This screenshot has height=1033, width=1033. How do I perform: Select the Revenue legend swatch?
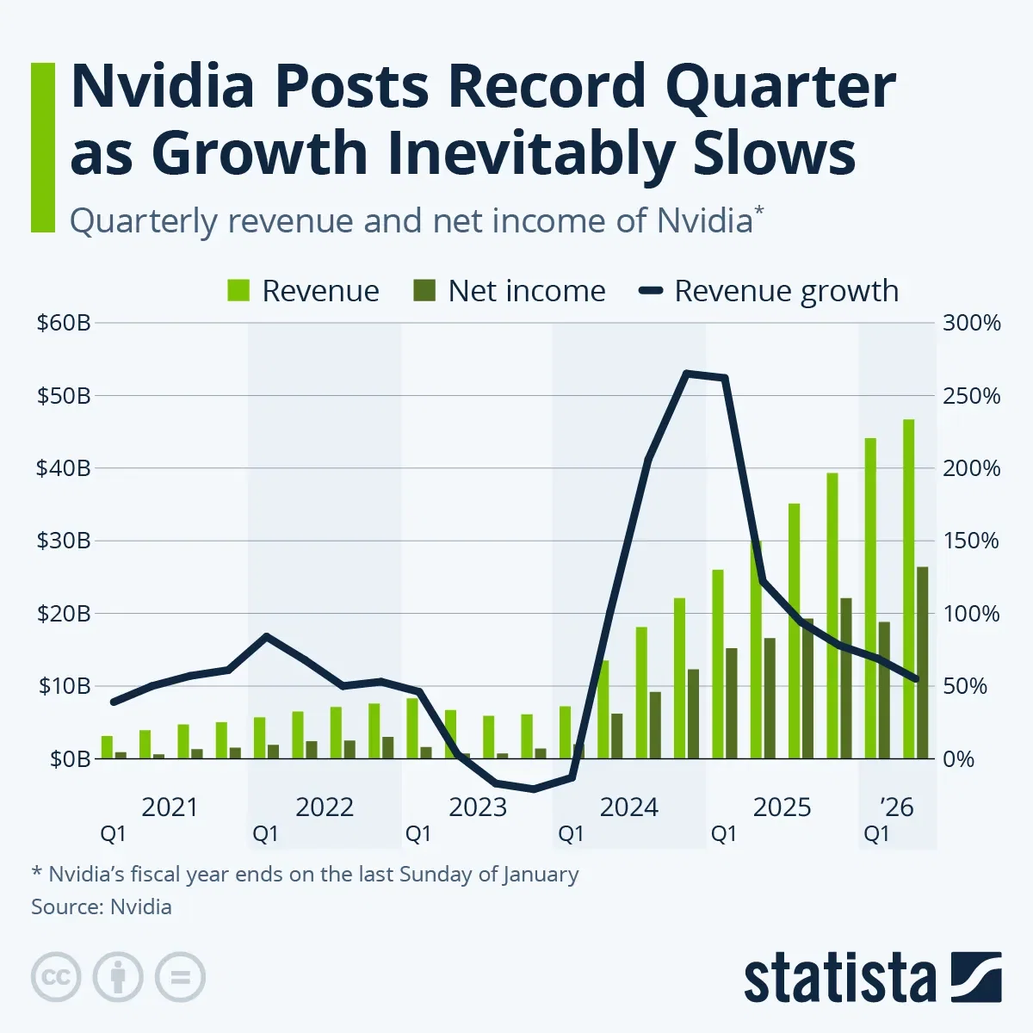[238, 291]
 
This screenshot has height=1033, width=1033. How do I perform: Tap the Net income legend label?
[526, 291]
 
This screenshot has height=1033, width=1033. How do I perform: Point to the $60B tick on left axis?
[63, 324]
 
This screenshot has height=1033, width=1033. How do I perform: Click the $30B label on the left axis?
[63, 541]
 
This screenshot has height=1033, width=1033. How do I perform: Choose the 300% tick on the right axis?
[972, 324]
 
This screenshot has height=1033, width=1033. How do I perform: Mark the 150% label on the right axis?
[972, 541]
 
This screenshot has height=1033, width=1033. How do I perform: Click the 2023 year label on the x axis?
[478, 807]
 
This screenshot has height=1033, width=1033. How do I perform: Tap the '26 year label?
[897, 807]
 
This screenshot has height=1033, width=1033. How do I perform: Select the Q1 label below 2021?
[113, 834]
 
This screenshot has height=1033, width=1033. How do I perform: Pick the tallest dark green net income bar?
[922, 662]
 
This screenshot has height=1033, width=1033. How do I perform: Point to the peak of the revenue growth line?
[686, 373]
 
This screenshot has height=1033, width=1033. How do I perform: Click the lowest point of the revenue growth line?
[534, 789]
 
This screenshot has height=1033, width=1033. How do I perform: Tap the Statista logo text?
[839, 979]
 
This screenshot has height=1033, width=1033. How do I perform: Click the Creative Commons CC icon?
[56, 978]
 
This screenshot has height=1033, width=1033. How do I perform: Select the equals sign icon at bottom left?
[180, 978]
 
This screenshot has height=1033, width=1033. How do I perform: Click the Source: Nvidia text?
[102, 906]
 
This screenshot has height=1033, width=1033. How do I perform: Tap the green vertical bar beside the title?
[42, 147]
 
